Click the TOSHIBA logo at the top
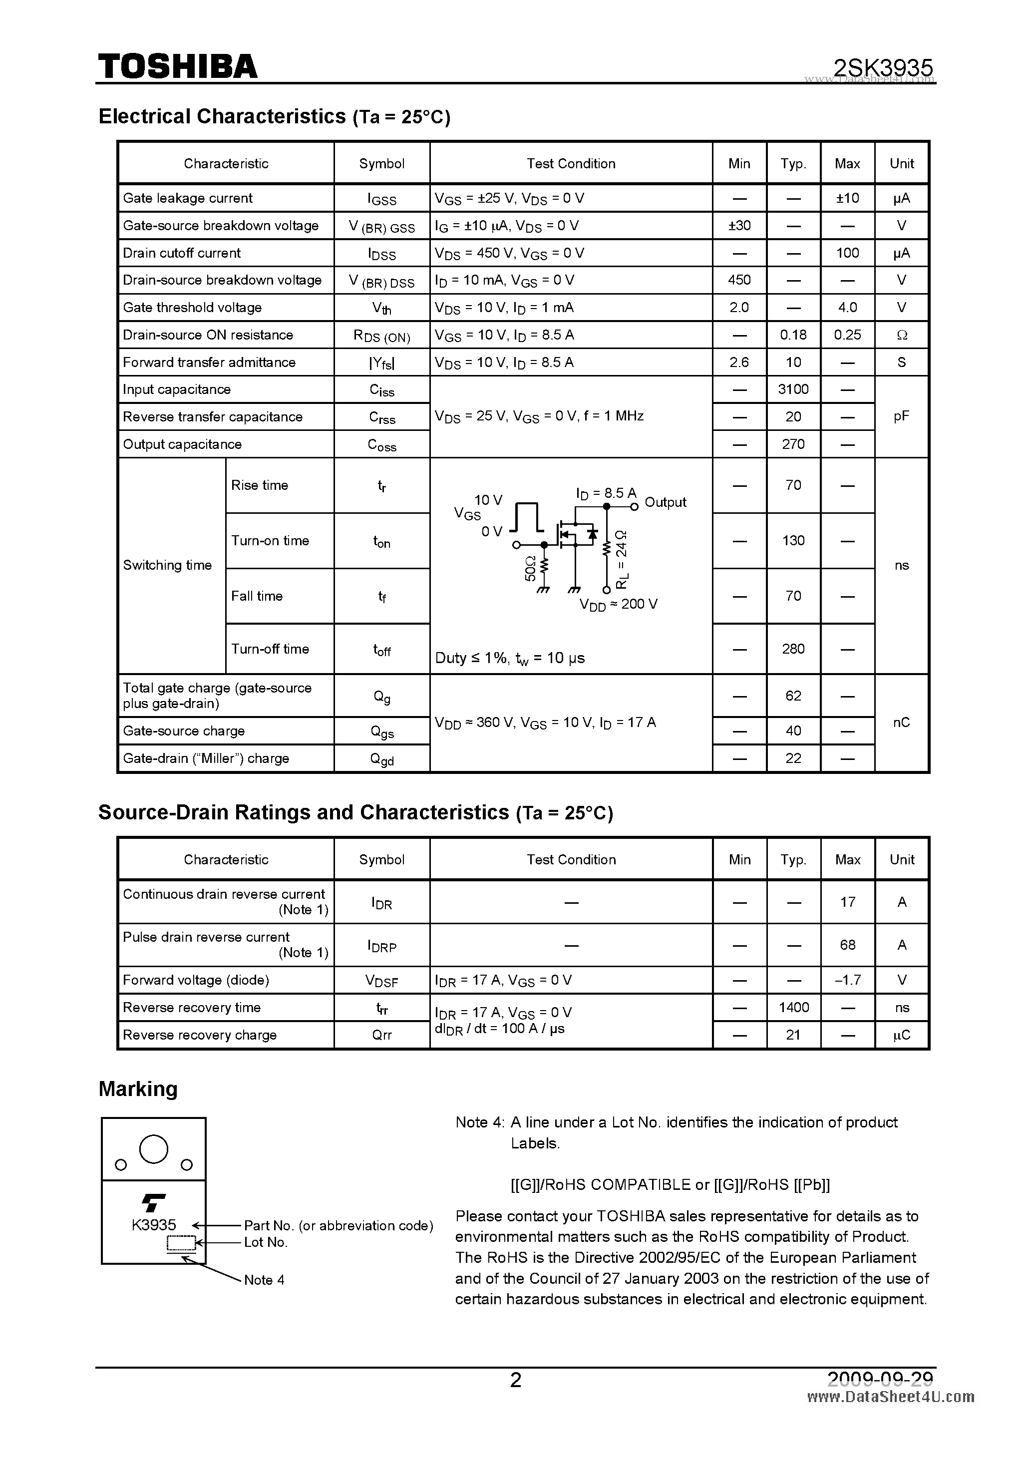(177, 66)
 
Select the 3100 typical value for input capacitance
(793, 389)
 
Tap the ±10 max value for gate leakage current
(847, 198)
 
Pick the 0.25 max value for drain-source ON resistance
(847, 335)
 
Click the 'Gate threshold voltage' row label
(192, 308)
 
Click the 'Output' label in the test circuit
(665, 502)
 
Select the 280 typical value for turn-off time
(793, 649)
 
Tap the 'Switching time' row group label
(167, 565)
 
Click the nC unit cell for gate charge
(901, 723)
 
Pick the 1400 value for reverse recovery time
(793, 1007)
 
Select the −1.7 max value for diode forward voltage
(847, 980)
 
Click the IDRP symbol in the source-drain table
(381, 946)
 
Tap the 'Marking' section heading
(138, 1089)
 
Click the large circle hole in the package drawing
(153, 1149)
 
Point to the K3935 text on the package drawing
(154, 1225)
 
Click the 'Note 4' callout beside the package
(264, 1280)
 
